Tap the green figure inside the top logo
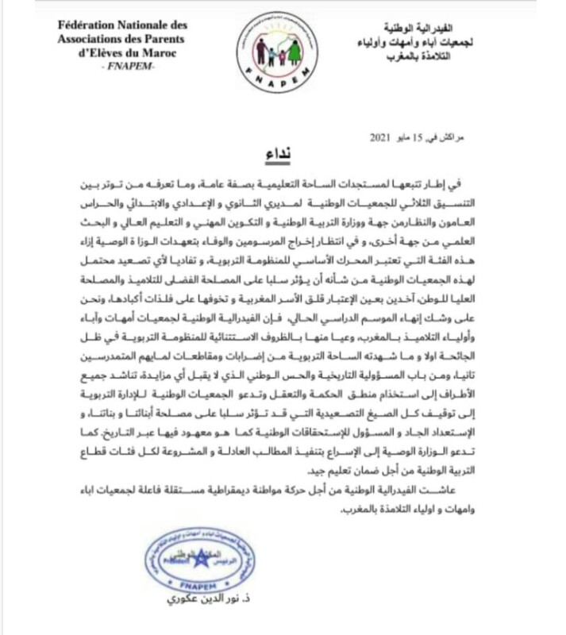[x=296, y=50]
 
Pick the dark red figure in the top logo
[x=260, y=52]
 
